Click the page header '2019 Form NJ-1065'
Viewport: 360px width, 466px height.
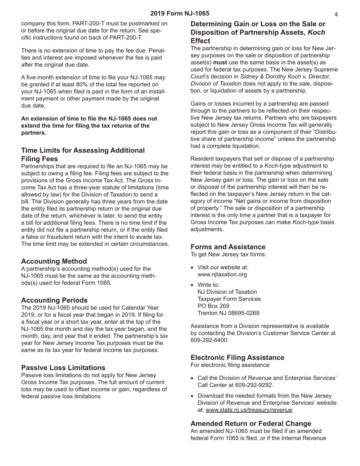tap(180, 14)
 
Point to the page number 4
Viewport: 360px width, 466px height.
tap(336, 14)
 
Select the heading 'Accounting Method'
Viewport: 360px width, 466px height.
tap(54, 261)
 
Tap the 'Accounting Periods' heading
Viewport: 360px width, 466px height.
tap(54, 300)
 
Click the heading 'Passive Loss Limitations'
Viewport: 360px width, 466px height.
tap(63, 367)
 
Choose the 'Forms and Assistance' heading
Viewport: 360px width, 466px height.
tap(228, 247)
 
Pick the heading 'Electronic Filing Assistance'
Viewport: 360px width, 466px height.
tap(237, 358)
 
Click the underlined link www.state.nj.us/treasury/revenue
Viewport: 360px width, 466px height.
tap(249, 410)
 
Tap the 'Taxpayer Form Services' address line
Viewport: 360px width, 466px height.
tap(229, 299)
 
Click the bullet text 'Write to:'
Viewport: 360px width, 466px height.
tap(208, 285)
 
